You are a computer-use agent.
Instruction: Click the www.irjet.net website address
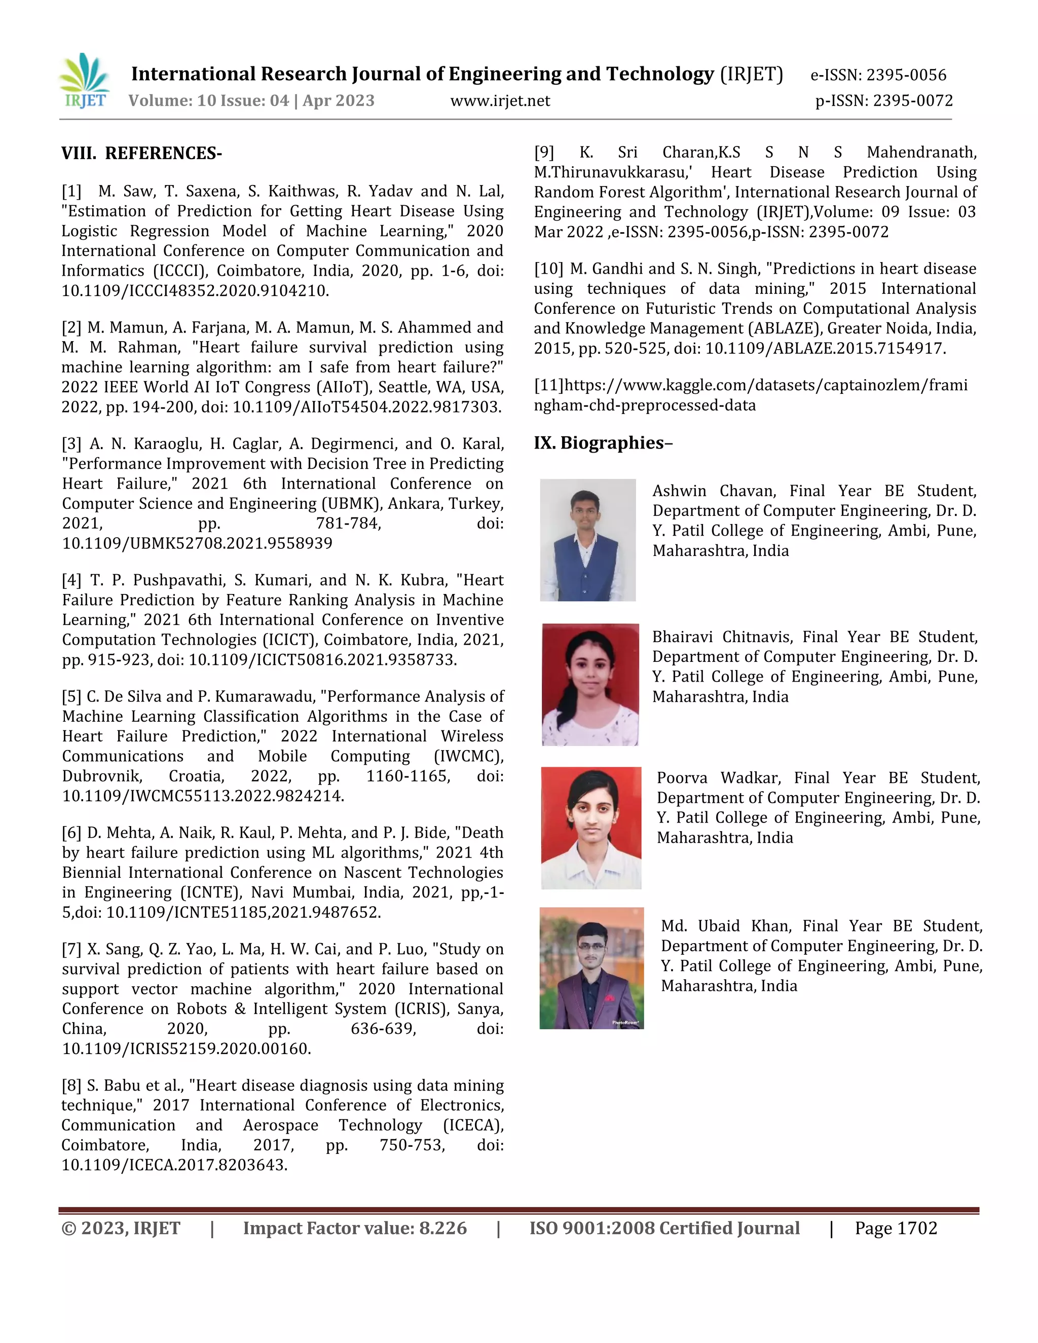500,101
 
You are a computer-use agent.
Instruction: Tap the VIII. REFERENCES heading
141,153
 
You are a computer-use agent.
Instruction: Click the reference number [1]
71,191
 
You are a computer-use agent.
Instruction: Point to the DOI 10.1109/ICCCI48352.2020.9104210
195,291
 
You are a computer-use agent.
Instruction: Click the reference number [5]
71,697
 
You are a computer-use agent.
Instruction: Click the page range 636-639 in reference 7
383,1029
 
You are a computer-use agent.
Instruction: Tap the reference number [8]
71,1086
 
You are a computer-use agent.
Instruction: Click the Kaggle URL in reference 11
750,395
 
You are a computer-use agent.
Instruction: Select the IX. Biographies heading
603,443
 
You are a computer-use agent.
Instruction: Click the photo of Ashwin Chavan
587,540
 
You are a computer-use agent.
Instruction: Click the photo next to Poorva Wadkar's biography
591,828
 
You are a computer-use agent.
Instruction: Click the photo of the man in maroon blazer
591,968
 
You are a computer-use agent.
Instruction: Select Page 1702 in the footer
896,1228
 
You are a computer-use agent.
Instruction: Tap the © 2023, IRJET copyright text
121,1228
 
